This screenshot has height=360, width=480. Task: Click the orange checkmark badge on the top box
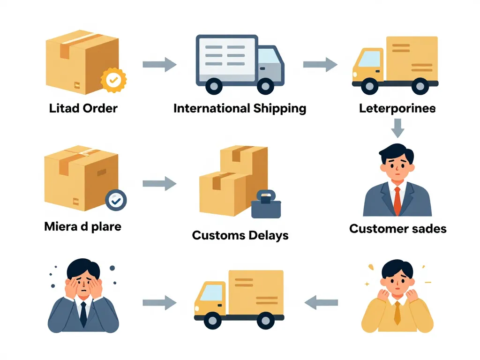[x=113, y=80]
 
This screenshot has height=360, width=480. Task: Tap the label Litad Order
[x=83, y=108]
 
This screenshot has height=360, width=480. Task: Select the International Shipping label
[x=240, y=108]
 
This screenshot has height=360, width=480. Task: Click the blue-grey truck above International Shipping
[x=240, y=63]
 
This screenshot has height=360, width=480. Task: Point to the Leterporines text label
[x=397, y=108]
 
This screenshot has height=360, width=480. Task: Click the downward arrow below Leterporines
[x=398, y=127]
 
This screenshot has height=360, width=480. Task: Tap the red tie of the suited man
[x=397, y=201]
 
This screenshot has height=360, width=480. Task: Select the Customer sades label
[x=398, y=229]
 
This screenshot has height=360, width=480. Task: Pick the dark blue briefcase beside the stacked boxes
[x=266, y=206]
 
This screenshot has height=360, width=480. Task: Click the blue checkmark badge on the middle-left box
[x=116, y=200]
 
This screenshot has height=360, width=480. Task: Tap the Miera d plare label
[x=83, y=226]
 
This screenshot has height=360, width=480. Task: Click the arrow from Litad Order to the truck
[x=159, y=65]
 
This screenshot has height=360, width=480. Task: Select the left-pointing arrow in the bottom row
[x=322, y=302]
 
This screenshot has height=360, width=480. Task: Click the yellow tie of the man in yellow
[x=397, y=313]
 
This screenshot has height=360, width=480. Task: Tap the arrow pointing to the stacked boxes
[x=159, y=184]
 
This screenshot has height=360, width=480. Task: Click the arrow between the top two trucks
[x=320, y=65]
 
